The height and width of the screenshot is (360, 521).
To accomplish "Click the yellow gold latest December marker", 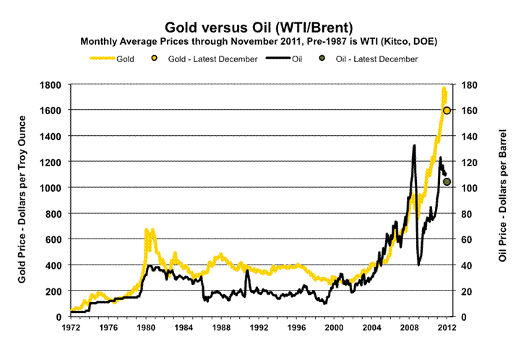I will tap(447, 111).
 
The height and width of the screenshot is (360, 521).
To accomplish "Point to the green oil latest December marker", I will tap(447, 181).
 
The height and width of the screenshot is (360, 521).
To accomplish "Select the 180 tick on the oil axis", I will tap(460, 85).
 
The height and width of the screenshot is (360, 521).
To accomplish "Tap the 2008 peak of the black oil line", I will tap(414, 146).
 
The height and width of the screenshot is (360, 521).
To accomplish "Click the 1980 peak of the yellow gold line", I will tap(147, 230).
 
